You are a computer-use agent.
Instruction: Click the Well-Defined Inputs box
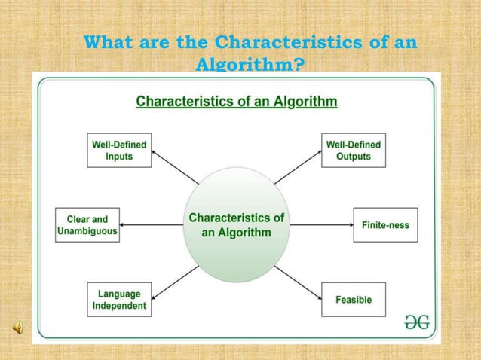(119, 150)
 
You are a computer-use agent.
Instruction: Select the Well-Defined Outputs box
(353, 150)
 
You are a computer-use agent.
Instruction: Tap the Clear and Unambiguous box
(87, 225)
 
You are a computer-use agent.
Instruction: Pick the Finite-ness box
(385, 225)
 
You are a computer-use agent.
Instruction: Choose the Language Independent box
(119, 299)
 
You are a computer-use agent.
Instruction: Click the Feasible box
(353, 299)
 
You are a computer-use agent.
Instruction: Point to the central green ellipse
(236, 224)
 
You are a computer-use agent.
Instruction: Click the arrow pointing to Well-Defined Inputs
(175, 166)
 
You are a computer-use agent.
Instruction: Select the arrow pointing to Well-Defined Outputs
(296, 167)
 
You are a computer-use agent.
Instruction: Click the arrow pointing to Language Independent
(175, 282)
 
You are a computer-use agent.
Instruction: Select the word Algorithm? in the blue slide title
(250, 66)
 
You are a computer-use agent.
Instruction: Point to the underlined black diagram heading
(236, 101)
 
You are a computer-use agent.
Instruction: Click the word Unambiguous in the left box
(87, 232)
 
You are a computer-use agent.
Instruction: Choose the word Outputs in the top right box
(353, 157)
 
